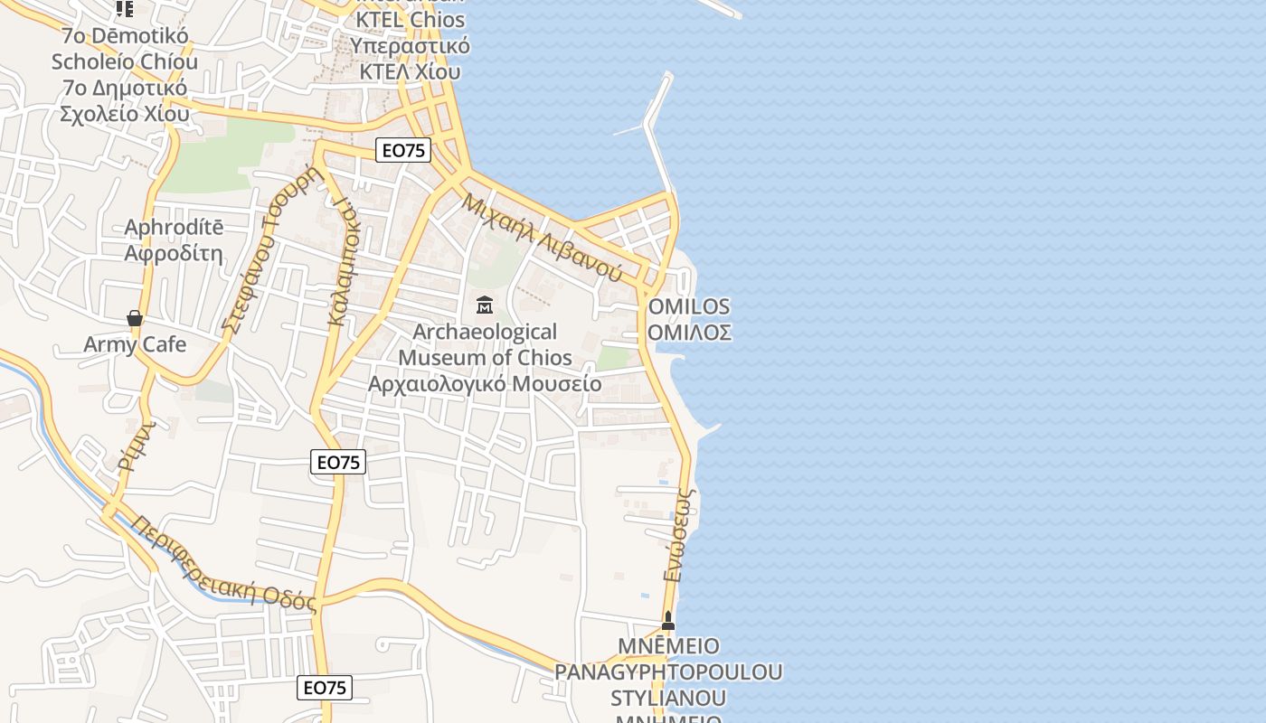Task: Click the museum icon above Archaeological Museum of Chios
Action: [x=485, y=305]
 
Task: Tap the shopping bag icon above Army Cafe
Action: [x=135, y=318]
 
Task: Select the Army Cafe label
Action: [x=135, y=344]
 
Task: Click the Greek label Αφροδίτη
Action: [x=174, y=252]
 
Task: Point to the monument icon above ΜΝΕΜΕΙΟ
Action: [x=668, y=621]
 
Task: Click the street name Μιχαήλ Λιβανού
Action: [x=542, y=237]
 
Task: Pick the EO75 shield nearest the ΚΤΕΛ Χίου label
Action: [x=403, y=150]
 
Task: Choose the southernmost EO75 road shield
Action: [x=325, y=688]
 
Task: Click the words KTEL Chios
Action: [x=411, y=20]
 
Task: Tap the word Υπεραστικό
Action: [x=411, y=45]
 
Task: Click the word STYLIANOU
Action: [x=667, y=698]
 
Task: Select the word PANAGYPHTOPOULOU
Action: [x=668, y=672]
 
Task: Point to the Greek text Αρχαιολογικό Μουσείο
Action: [x=484, y=383]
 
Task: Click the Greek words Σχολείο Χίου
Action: [x=125, y=114]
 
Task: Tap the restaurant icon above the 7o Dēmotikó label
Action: [x=125, y=9]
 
